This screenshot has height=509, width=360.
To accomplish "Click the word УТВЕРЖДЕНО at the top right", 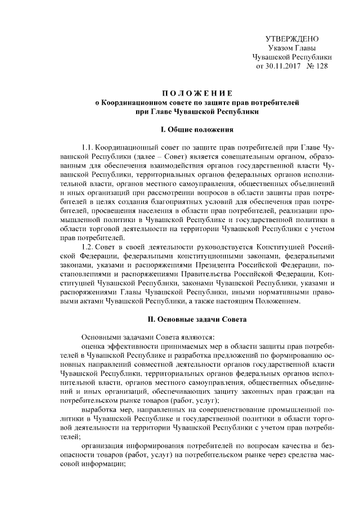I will point(292,39).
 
